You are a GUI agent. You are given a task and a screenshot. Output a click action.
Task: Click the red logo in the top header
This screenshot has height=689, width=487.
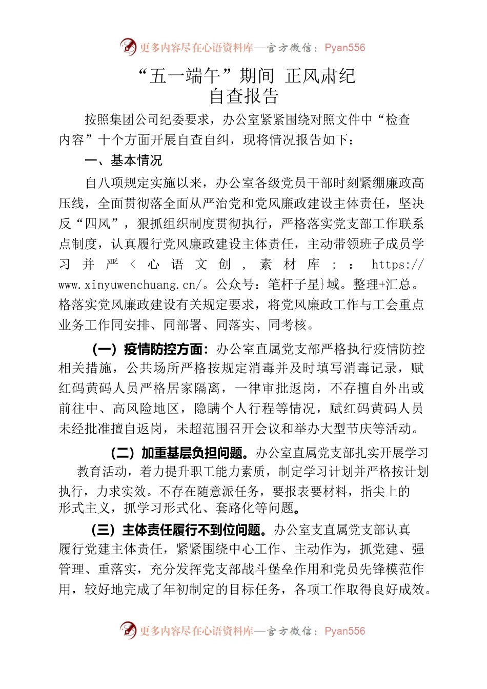pos(128,47)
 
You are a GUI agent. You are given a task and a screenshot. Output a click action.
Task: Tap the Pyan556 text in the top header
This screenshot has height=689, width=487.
pos(345,48)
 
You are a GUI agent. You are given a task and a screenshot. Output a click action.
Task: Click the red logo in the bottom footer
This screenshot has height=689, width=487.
pos(128,630)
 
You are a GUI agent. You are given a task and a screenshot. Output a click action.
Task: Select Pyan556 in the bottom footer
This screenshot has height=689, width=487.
pos(345,631)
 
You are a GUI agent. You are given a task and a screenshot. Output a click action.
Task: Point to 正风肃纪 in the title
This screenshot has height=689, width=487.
pos(320,76)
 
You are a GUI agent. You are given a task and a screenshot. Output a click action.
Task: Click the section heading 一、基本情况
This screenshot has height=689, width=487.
pos(124,160)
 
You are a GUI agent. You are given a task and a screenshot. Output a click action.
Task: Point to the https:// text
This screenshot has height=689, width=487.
pos(398,265)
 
